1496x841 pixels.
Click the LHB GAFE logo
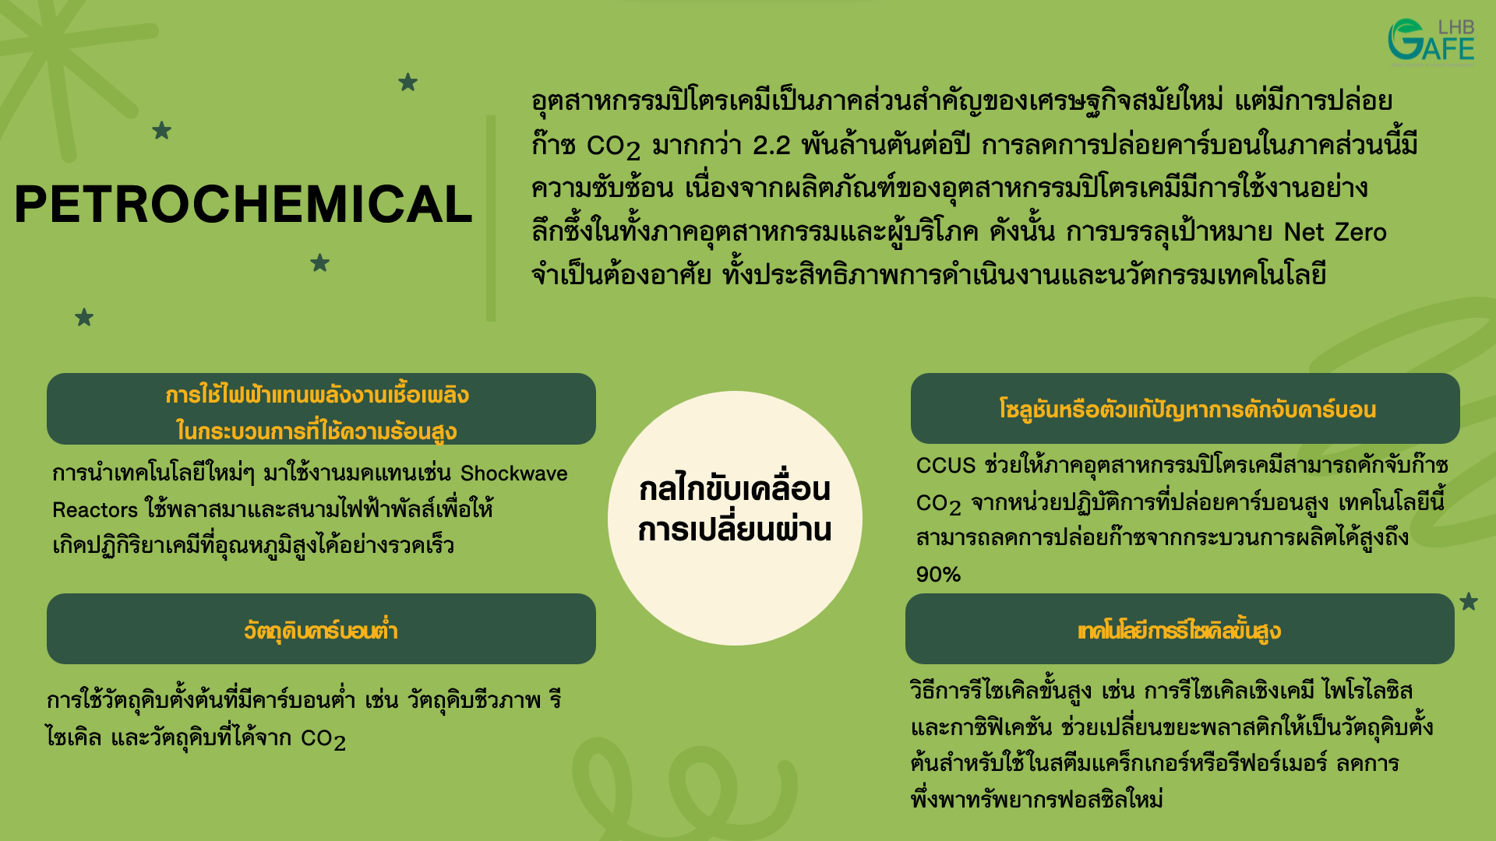click(x=1431, y=40)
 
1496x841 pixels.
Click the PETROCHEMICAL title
click(x=243, y=205)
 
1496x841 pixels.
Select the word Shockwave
click(x=513, y=473)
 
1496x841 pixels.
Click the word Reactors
click(x=94, y=510)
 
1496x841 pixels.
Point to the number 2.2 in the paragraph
click(x=771, y=146)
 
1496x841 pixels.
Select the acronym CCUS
click(x=945, y=466)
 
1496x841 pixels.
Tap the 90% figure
click(x=938, y=575)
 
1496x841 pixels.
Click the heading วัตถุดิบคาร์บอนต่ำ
click(x=320, y=630)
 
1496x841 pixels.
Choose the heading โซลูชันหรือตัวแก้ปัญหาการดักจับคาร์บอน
click(x=1187, y=410)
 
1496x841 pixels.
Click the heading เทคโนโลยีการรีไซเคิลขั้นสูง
click(x=1179, y=631)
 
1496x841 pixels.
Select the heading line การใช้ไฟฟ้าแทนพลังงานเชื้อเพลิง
click(x=317, y=395)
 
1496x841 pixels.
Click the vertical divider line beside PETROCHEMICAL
click(x=491, y=218)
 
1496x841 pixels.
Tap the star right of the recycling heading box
click(x=1469, y=602)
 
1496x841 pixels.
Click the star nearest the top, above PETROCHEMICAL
click(x=408, y=82)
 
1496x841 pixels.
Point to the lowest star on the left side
click(x=84, y=318)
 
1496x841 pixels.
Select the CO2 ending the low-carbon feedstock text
click(x=323, y=739)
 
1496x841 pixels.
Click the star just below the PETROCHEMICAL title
click(x=319, y=263)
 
